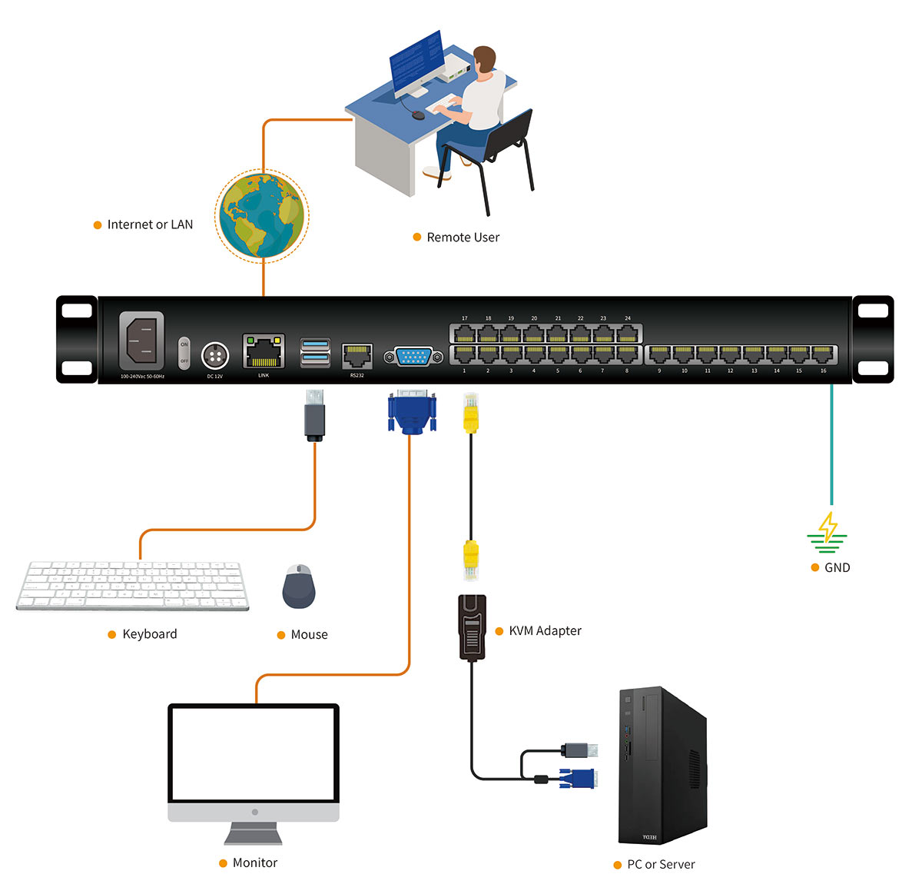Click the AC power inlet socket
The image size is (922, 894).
pos(141,341)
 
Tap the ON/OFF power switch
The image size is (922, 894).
pos(184,353)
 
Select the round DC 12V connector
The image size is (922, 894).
pos(215,356)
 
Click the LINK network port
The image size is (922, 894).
pos(264,352)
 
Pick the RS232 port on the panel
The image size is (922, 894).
pos(357,357)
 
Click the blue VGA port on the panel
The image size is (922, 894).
pos(413,357)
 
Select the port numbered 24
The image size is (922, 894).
pos(628,334)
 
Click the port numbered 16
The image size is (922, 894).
pos(823,354)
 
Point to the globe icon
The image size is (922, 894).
pos(262,216)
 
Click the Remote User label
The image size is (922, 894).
pos(463,238)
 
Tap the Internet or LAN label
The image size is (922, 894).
pos(150,224)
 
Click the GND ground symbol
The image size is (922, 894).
pos(827,532)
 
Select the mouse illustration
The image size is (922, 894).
pos(299,587)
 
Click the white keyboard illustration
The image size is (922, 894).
pos(132,586)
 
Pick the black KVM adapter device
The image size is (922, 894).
pos(473,627)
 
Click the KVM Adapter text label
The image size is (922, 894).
pos(545,631)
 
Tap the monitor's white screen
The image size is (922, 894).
pos(254,753)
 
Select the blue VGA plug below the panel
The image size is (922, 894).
pos(412,413)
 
